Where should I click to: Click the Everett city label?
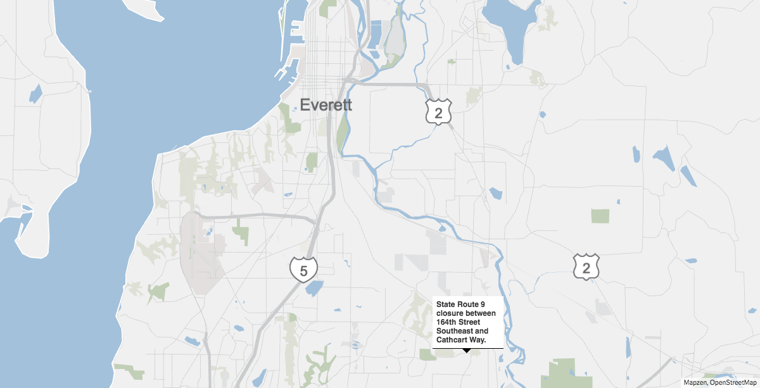point(326,105)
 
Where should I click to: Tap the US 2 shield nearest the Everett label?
point(438,111)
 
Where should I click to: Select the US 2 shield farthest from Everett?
point(586,267)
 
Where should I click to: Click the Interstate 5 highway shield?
point(303,269)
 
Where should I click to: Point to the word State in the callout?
point(446,305)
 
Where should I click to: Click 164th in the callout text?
point(445,322)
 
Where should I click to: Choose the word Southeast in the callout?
point(455,331)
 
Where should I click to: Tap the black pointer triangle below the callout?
point(467,351)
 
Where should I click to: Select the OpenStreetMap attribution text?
point(734,382)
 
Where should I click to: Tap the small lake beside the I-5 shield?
point(313,289)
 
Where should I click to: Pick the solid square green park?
point(600,216)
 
